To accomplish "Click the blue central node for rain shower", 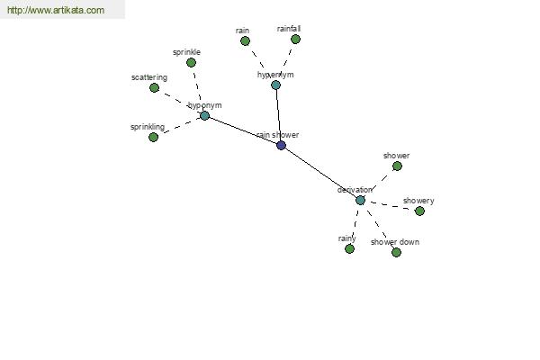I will coord(281,145).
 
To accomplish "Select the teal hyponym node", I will coord(204,115).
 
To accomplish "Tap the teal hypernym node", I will coord(275,85).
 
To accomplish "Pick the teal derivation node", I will coord(360,200).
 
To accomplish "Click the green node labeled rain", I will coord(245,40).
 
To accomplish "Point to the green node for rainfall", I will coord(295,39).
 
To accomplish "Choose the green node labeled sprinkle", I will coord(191,62).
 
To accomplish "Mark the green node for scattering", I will coord(154,87).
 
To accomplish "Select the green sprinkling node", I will coord(153,137).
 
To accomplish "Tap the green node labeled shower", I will coord(397,166).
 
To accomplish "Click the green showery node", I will coord(419,211).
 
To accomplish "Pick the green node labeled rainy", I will coord(349,248).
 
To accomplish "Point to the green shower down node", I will coord(396,252).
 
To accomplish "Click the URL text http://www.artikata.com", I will coord(55,11).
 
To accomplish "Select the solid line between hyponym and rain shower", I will coord(243,130).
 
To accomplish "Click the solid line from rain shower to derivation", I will coord(320,173).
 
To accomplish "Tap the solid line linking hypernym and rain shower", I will coord(278,115).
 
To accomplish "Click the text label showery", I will coord(418,201).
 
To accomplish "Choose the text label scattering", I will coord(148,77).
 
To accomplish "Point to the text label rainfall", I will coord(289,29).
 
